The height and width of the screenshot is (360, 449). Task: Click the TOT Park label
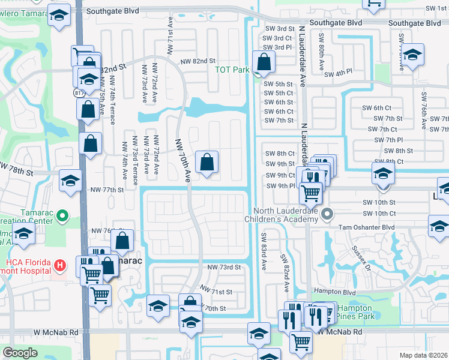232,70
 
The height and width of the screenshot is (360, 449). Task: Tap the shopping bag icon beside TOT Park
264,61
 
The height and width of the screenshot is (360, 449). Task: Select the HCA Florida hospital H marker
59,265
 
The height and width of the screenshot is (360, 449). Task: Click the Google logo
19,353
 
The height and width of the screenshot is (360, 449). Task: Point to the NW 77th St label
108,190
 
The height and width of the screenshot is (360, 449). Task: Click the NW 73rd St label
224,267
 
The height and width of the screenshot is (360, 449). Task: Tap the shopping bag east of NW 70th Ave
206,162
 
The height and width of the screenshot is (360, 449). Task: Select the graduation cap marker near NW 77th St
70,179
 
